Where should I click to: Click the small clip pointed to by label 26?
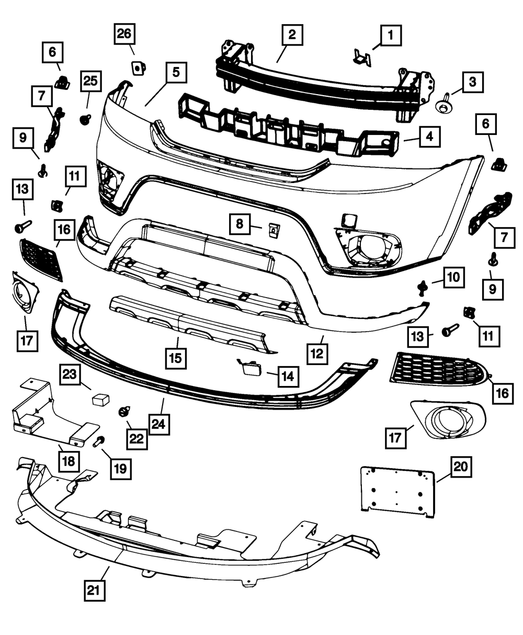(138, 67)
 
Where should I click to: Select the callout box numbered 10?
(453, 277)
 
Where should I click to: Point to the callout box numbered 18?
(70, 461)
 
